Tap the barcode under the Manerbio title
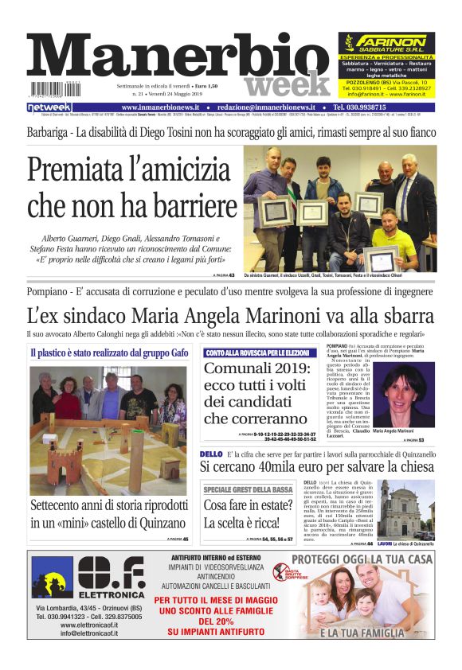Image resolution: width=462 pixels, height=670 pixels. click(47, 89)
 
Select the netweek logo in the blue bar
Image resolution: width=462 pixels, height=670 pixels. click(49, 107)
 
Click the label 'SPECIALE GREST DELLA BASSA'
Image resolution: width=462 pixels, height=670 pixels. click(247, 489)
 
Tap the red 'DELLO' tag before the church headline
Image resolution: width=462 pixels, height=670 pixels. click(210, 454)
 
